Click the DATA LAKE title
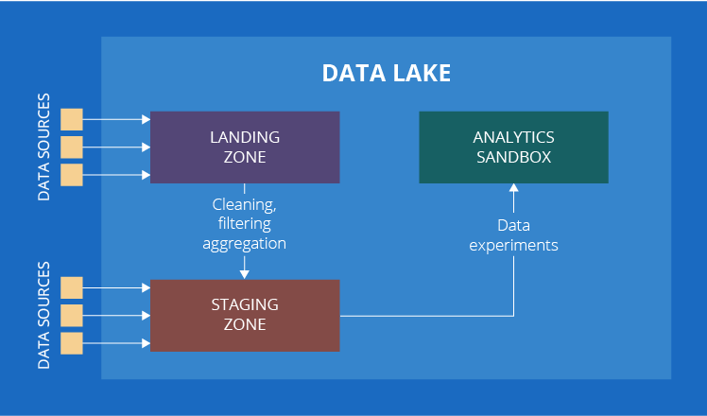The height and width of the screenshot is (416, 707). (x=386, y=73)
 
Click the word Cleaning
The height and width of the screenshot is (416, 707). (x=244, y=203)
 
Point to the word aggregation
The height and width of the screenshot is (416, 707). (x=244, y=243)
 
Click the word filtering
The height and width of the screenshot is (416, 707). (x=244, y=223)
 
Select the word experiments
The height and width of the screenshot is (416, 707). (x=513, y=245)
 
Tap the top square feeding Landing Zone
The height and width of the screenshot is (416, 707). (x=72, y=119)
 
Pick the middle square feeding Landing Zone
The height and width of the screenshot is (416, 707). (x=72, y=147)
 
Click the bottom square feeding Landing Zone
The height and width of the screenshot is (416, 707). (x=72, y=175)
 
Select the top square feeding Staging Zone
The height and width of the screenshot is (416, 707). (x=72, y=287)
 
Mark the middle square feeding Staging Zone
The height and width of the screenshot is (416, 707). (x=72, y=315)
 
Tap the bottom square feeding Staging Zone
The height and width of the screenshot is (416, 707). (x=72, y=342)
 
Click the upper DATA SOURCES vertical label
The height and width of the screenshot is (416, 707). (x=43, y=147)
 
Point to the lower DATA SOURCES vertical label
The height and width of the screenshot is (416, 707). (x=43, y=316)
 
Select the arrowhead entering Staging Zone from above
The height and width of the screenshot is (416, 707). (x=244, y=274)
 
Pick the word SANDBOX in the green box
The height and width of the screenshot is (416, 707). (x=513, y=157)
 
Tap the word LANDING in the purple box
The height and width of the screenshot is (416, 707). (x=245, y=137)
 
